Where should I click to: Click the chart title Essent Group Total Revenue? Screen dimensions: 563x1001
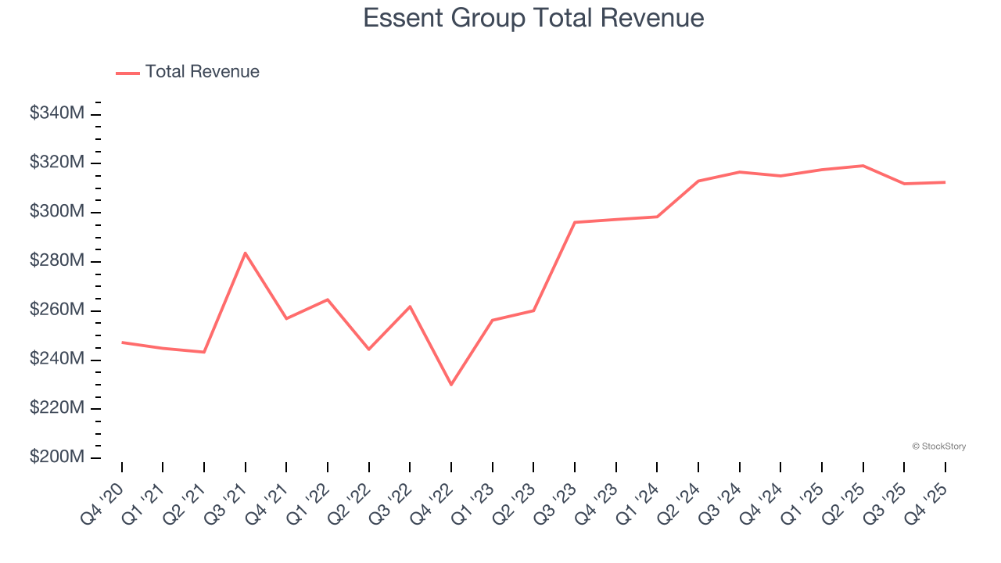(x=533, y=18)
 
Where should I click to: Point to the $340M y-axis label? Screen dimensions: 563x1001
(x=56, y=113)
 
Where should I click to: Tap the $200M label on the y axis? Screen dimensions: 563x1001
(x=56, y=457)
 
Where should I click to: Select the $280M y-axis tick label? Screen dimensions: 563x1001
(x=56, y=260)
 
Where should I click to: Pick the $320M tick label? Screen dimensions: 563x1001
(x=56, y=163)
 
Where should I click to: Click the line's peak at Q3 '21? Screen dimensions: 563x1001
(x=246, y=253)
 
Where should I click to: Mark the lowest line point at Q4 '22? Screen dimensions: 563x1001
(x=451, y=385)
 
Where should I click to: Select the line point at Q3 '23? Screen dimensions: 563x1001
(x=575, y=222)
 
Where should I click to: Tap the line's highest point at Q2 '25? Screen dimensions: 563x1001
(x=863, y=166)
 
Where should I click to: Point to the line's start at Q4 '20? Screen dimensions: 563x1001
(x=122, y=342)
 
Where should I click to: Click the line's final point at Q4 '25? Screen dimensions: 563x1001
(x=945, y=182)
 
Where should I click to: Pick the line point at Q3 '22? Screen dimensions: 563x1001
(x=410, y=307)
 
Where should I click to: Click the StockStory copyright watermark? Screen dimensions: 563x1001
(x=938, y=446)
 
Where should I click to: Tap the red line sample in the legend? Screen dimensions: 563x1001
(x=127, y=73)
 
